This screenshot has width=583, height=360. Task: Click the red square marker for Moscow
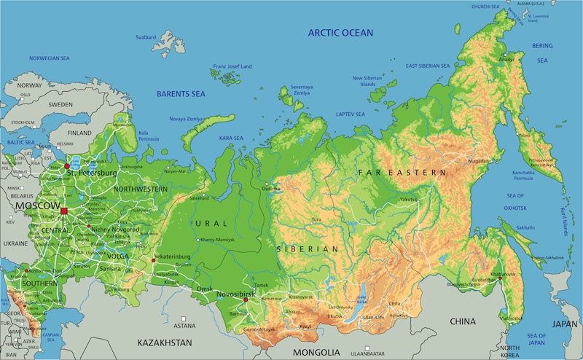(64, 211)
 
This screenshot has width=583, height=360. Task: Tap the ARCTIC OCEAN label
(340, 33)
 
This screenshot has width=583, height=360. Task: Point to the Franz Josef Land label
(233, 69)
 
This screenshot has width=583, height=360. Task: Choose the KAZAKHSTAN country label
(165, 342)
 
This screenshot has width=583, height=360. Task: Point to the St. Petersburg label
(92, 173)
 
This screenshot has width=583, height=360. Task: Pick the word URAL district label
(211, 223)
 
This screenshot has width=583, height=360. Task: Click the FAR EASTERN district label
(402, 172)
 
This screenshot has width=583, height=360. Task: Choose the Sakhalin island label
(525, 227)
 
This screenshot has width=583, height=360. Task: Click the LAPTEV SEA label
(351, 114)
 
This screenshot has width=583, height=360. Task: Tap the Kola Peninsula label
(149, 136)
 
